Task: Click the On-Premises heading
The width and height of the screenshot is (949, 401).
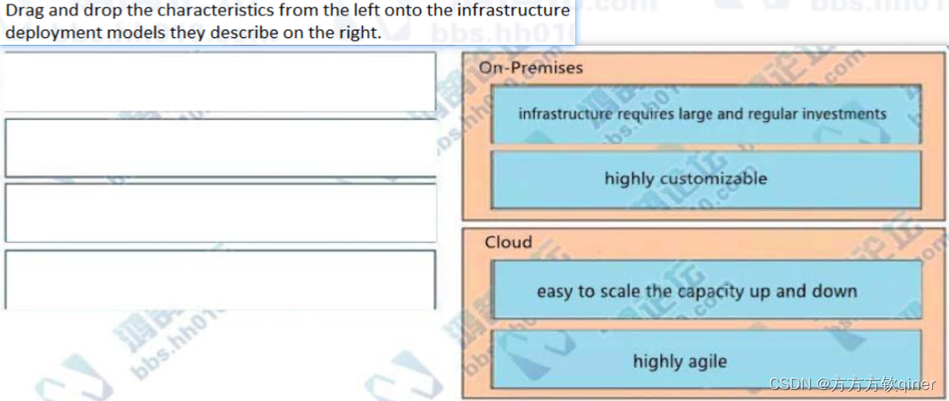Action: (x=530, y=68)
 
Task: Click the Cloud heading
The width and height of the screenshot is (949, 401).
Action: (x=508, y=242)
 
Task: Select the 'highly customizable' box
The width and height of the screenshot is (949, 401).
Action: (x=705, y=179)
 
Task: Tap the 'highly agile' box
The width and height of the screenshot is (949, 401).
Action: (x=705, y=361)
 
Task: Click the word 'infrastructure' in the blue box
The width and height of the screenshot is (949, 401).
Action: (x=565, y=113)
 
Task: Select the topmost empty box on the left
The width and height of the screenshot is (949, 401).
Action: (x=220, y=81)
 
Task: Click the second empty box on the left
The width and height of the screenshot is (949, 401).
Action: (x=220, y=147)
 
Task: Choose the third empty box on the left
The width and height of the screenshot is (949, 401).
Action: (x=220, y=212)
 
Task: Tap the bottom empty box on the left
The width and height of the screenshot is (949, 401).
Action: (x=220, y=278)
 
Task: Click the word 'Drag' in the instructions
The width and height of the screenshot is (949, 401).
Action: (x=23, y=11)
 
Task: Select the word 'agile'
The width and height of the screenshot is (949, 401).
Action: (x=704, y=361)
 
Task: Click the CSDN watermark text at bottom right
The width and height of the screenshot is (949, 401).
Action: (x=853, y=385)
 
